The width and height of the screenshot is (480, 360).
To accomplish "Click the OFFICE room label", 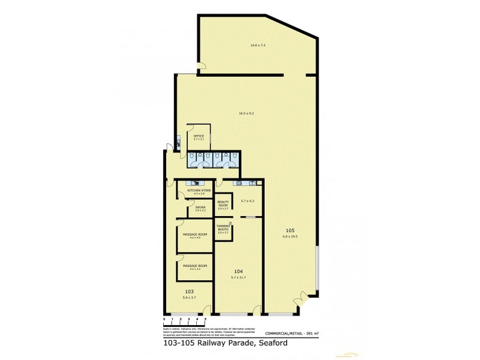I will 199,136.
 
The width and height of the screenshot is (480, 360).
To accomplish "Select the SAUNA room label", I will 200,207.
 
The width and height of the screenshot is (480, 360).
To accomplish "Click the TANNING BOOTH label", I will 223,228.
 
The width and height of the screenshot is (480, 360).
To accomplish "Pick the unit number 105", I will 290,231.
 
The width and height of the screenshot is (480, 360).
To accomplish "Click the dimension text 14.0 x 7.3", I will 257,46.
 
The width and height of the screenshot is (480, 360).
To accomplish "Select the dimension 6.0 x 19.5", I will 290,236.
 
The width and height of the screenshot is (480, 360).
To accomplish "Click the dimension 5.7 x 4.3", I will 248,201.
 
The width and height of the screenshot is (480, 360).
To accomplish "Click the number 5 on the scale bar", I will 206,319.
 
